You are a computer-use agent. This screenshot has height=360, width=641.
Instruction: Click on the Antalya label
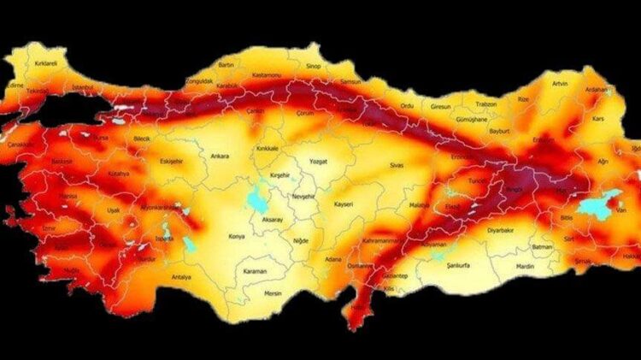pyautogui.click(x=181, y=277)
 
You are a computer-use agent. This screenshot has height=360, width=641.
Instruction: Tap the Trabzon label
pyautogui.click(x=486, y=104)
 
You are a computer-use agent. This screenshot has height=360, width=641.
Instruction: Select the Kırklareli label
pyautogui.click(x=45, y=63)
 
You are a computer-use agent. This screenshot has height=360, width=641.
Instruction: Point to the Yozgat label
pyautogui.click(x=319, y=160)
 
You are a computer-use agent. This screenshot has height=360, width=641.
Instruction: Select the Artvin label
pyautogui.click(x=561, y=83)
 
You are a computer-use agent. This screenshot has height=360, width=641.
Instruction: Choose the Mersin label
pyautogui.click(x=273, y=293)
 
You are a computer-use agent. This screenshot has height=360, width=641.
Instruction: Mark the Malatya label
pyautogui.click(x=418, y=205)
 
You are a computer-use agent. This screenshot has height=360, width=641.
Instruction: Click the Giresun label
pyautogui.click(x=440, y=106)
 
